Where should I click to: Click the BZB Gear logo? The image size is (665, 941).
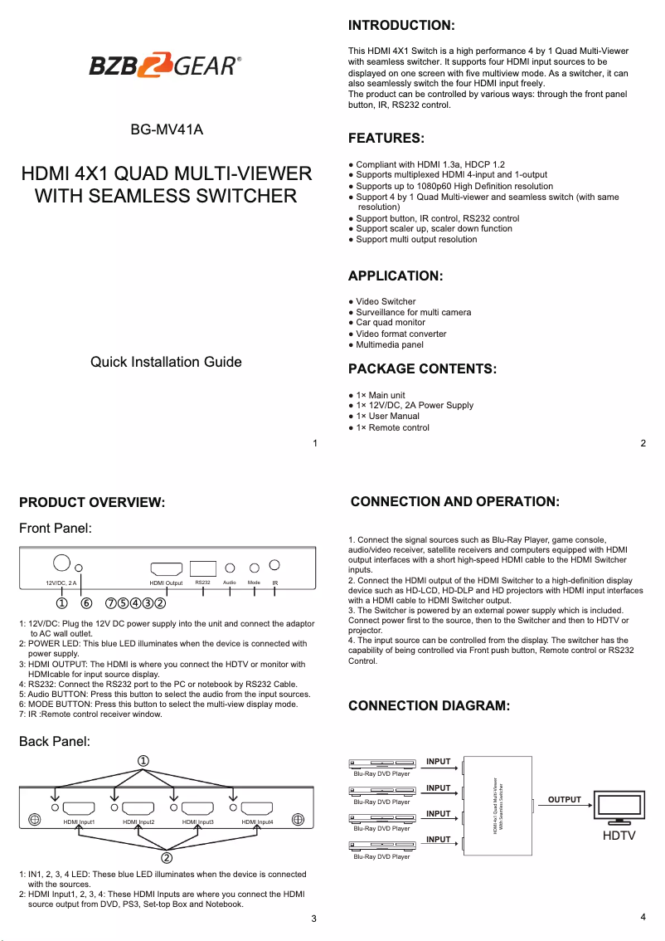tap(166, 65)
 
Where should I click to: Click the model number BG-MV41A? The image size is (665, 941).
tap(166, 130)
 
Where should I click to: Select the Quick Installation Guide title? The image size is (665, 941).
tap(166, 362)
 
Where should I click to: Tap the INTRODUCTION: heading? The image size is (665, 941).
tap(400, 26)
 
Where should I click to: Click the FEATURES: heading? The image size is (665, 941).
tap(386, 138)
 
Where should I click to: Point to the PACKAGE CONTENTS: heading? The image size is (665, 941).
tap(422, 368)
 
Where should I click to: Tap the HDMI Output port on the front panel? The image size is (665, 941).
tap(166, 568)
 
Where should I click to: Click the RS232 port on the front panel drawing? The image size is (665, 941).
tap(203, 568)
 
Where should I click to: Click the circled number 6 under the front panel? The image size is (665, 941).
tap(85, 602)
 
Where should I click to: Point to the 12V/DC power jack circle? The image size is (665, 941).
tap(61, 562)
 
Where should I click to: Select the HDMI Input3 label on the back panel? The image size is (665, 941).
tap(198, 822)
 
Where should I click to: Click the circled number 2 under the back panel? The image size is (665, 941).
tap(166, 857)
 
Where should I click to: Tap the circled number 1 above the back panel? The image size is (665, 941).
tap(143, 760)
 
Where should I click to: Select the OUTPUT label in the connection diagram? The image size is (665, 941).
tap(564, 800)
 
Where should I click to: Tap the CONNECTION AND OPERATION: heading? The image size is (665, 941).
tap(454, 502)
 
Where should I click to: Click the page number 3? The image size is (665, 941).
tap(313, 918)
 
